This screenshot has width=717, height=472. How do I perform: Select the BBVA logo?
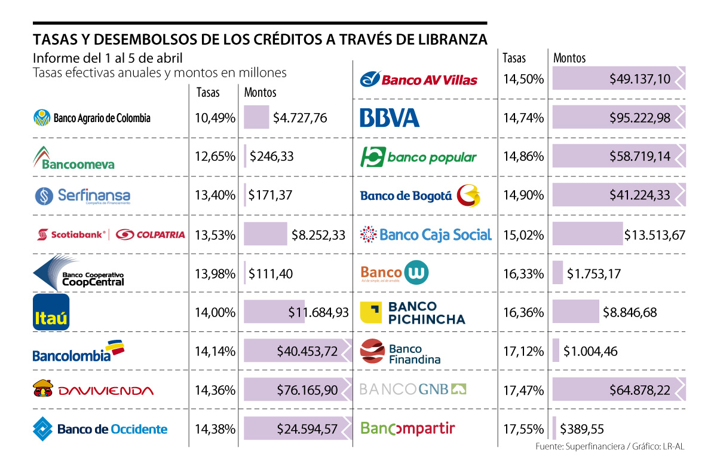(390, 118)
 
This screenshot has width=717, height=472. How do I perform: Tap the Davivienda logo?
(93, 390)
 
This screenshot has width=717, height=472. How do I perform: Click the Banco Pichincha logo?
(412, 312)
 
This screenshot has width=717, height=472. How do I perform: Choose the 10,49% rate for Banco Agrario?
(215, 118)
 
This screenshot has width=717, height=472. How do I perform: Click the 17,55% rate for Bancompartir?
(523, 429)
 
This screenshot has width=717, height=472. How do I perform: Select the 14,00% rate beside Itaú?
(215, 312)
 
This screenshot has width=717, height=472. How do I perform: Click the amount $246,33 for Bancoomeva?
(272, 157)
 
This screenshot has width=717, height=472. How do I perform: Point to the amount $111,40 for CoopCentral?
(272, 273)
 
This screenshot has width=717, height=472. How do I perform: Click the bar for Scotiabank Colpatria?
(265, 235)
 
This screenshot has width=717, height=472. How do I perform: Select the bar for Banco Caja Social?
(587, 235)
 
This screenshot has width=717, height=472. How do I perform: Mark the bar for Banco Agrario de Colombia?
(256, 118)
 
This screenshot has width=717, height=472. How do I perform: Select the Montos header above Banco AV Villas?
(569, 58)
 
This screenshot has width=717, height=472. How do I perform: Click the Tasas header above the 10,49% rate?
(208, 93)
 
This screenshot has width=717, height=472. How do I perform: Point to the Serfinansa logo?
(82, 196)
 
